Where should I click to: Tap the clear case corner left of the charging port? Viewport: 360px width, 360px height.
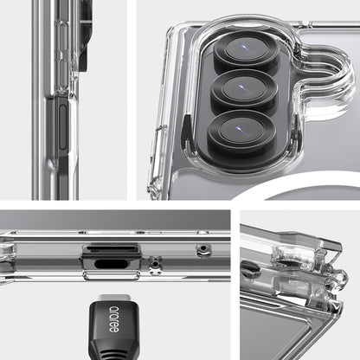pos(10,255)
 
